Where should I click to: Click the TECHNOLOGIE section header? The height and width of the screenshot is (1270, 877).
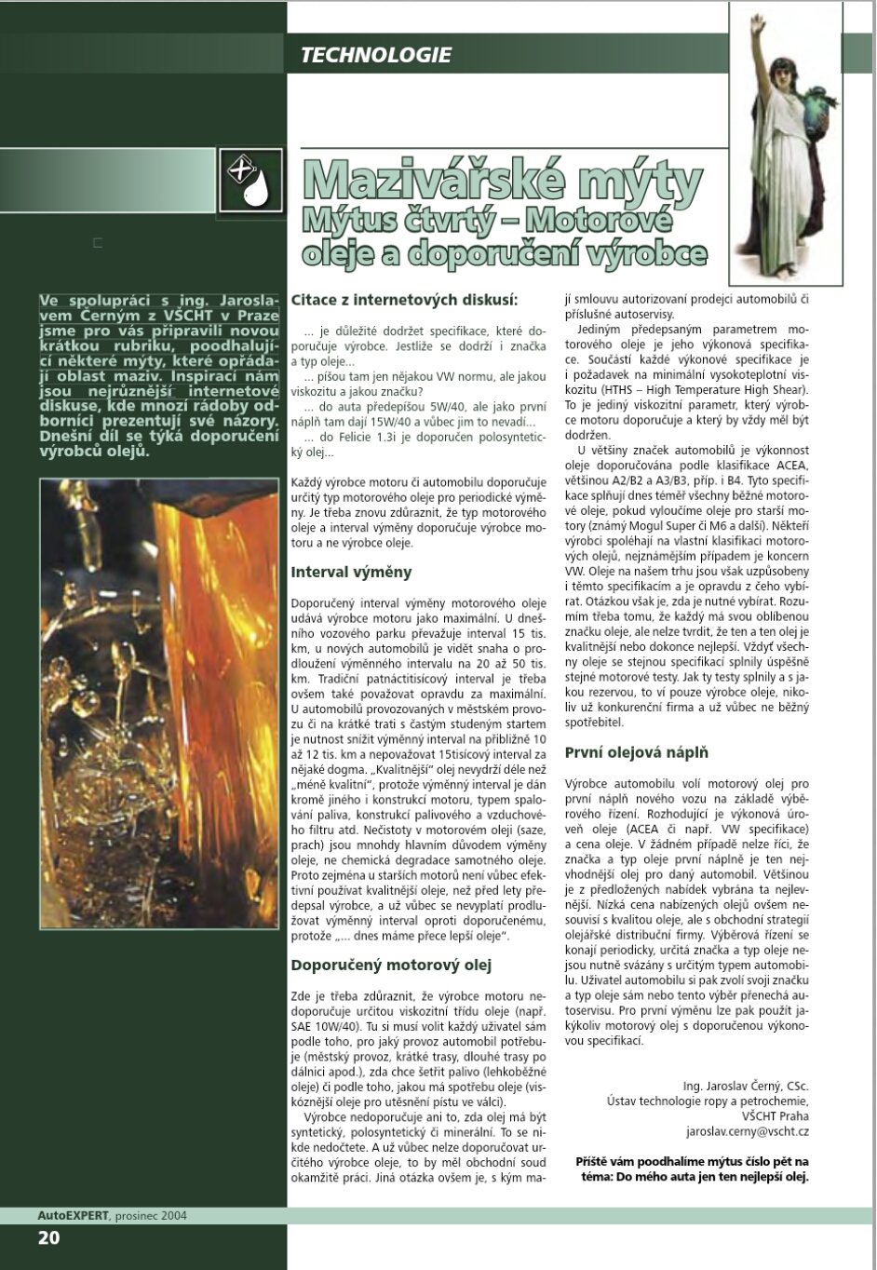pos(375,55)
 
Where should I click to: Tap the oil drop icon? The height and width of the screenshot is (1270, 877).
pos(251,180)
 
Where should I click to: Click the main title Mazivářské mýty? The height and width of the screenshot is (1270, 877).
pos(503,182)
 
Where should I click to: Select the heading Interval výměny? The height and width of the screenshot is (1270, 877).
pos(351,572)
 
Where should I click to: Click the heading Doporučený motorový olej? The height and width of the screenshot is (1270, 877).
pos(391,965)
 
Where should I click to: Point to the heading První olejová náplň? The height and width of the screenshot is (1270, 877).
pos(637,752)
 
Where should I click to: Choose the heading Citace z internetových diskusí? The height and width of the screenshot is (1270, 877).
pos(404,300)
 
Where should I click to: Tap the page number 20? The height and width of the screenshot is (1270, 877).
pos(48,1237)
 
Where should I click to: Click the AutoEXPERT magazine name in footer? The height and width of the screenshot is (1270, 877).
pos(73,1215)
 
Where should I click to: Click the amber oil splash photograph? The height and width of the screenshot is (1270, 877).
pos(158,703)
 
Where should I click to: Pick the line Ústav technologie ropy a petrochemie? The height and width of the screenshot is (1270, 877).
pos(708,1101)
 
